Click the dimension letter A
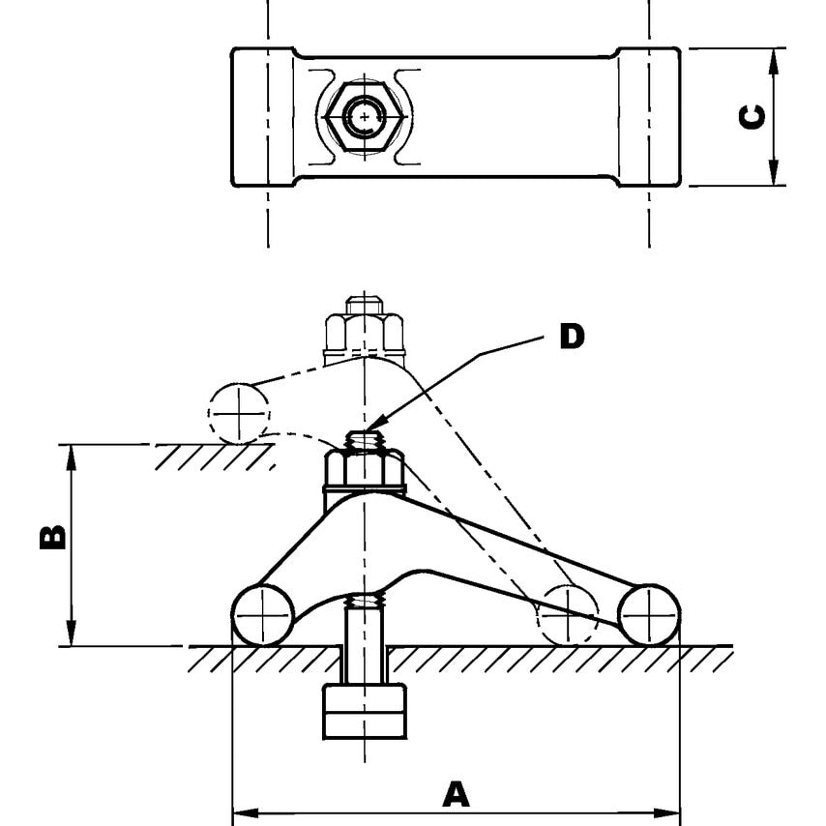[x=456, y=794]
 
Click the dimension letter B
[x=53, y=537]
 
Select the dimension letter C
[x=752, y=116]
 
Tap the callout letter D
[x=572, y=337]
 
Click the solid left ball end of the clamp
[x=263, y=614]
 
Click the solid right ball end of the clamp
[x=649, y=614]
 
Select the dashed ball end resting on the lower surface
[x=570, y=614]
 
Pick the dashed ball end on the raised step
[x=238, y=413]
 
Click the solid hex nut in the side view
[x=363, y=471]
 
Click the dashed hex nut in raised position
[x=363, y=331]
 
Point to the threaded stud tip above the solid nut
[x=364, y=440]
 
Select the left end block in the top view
[x=261, y=116]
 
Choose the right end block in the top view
[x=648, y=116]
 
